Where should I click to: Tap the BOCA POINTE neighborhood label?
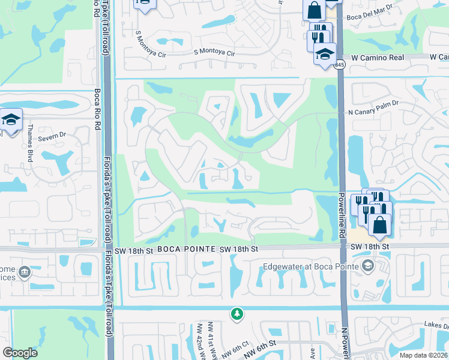pyautogui.click(x=184, y=248)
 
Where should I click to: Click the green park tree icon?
pyautogui.click(x=238, y=313)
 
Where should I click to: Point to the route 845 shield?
pyautogui.click(x=340, y=65)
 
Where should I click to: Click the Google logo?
pyautogui.click(x=20, y=353)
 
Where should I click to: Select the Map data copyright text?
pyautogui.click(x=423, y=355)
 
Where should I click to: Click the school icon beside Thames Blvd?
pyautogui.click(x=11, y=119)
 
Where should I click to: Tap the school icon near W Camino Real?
pyautogui.click(x=324, y=54)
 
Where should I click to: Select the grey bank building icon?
pyautogui.click(x=25, y=273)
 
